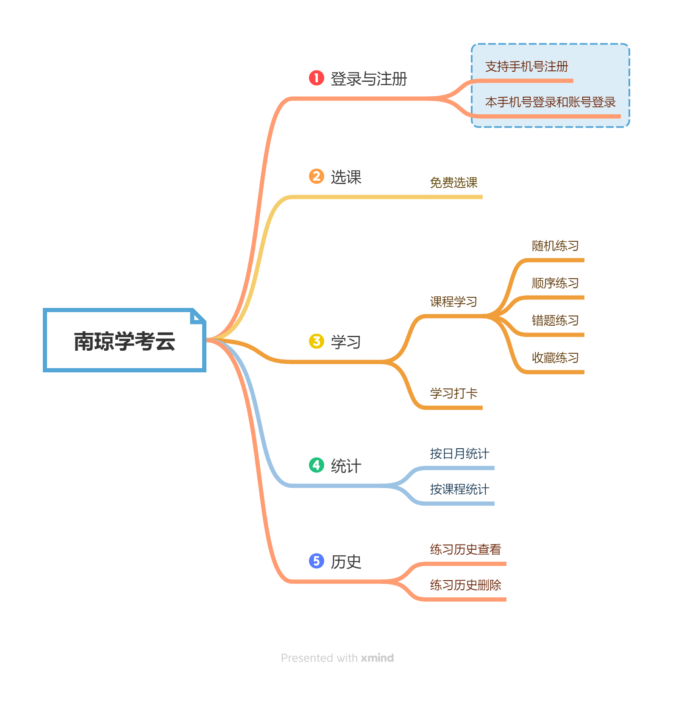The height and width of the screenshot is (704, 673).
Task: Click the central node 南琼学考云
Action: tap(125, 341)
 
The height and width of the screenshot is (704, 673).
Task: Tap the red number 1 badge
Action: tap(316, 78)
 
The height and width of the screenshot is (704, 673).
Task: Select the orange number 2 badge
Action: tap(316, 176)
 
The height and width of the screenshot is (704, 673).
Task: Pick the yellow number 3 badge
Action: tap(316, 341)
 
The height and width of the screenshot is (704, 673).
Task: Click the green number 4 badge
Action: tap(316, 465)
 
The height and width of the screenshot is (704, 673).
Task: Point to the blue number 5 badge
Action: tap(316, 561)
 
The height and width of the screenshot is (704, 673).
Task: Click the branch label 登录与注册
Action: tap(369, 79)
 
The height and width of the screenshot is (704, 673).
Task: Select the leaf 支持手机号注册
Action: tap(526, 67)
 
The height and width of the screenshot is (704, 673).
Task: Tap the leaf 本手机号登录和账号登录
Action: tap(550, 102)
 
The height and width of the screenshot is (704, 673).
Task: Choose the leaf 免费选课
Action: tap(453, 183)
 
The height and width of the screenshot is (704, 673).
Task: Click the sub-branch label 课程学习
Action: tap(453, 302)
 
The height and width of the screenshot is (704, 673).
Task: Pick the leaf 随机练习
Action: tap(555, 246)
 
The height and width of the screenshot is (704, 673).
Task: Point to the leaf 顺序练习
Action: tap(555, 283)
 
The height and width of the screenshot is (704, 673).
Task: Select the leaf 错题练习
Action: tap(555, 321)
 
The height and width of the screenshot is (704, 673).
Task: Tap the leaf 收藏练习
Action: tap(555, 358)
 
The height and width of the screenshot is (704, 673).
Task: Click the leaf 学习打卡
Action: tap(453, 394)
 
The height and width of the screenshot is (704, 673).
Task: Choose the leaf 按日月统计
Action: tap(459, 454)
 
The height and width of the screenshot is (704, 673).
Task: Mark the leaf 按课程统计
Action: tap(459, 489)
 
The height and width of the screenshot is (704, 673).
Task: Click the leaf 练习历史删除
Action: tap(465, 585)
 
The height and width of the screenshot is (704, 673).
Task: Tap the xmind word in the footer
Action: tap(377, 658)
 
